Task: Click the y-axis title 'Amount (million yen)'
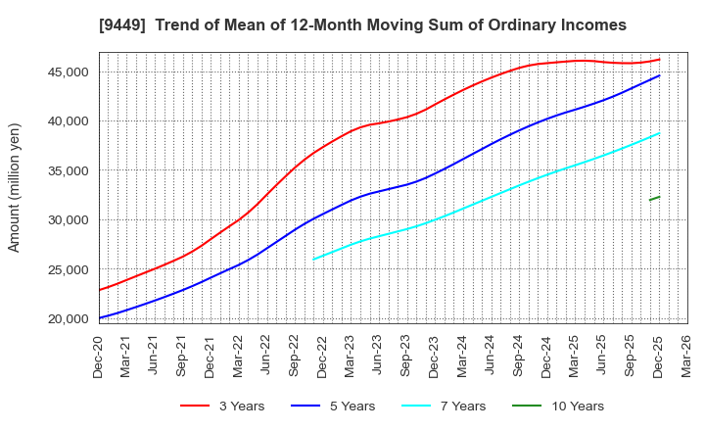(15, 187)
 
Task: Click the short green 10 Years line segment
(654, 198)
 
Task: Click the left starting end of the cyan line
(313, 260)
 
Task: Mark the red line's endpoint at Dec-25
(659, 59)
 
